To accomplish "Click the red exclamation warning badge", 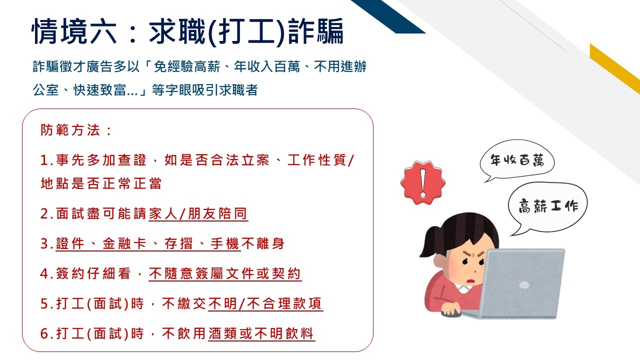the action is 422,182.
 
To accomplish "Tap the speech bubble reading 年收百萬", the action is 517,160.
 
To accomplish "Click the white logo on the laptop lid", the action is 523,285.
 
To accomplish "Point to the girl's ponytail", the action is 431,242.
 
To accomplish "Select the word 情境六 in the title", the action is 74,31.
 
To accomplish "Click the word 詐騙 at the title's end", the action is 315,31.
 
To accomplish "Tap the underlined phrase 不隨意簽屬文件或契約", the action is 225,273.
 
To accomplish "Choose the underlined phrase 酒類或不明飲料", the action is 261,333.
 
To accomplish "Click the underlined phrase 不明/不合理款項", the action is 265,303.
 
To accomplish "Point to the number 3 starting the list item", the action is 45,244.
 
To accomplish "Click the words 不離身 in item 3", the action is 263,243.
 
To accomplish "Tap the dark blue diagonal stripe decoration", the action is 388,16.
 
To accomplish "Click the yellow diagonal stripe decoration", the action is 615,68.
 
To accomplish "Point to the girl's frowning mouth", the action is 470,281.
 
